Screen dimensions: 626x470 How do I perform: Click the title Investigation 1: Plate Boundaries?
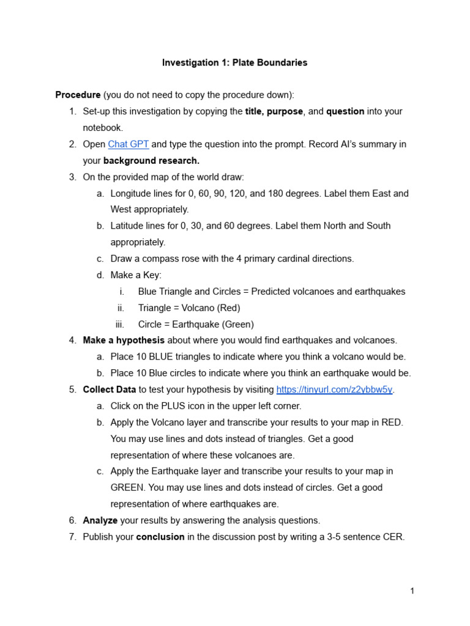(x=234, y=62)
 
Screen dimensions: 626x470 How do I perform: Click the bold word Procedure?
(x=78, y=95)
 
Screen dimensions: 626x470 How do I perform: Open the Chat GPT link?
(x=129, y=144)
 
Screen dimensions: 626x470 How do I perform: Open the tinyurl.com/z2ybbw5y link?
(x=334, y=389)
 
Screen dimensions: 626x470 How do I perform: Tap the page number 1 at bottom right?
(x=412, y=591)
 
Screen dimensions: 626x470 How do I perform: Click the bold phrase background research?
(x=152, y=161)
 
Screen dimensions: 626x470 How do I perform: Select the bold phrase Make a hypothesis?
(x=124, y=340)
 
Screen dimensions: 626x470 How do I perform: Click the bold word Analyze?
(x=100, y=520)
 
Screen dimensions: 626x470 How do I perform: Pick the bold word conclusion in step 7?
(x=160, y=537)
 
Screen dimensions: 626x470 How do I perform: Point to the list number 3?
(x=72, y=177)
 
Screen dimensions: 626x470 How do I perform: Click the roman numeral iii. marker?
(x=120, y=324)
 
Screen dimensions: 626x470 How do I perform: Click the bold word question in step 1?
(x=345, y=111)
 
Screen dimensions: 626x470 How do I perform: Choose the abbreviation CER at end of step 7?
(x=394, y=537)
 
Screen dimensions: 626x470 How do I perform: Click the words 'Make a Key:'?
(x=136, y=275)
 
